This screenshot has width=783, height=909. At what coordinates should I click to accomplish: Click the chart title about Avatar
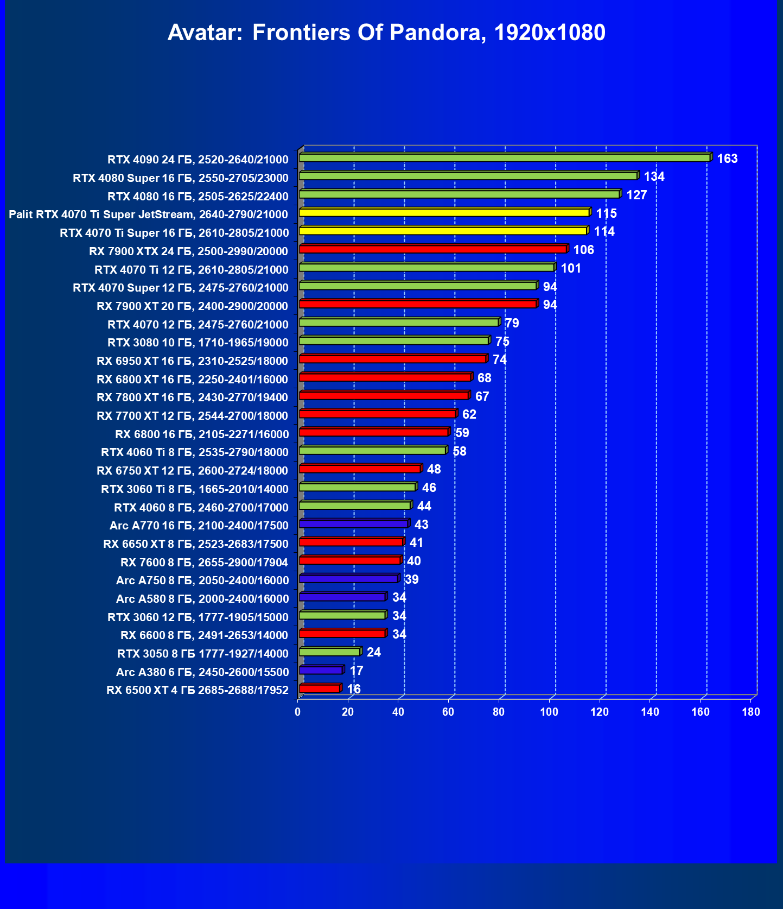point(386,33)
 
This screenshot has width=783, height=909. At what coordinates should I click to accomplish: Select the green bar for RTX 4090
point(505,157)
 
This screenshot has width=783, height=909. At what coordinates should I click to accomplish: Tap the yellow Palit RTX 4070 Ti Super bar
point(444,212)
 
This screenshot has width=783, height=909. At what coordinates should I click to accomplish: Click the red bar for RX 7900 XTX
point(432,249)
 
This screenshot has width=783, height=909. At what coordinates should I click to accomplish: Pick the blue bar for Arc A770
point(353,524)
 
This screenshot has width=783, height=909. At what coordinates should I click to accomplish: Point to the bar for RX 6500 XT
point(320,689)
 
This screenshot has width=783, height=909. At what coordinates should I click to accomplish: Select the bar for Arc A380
point(321,671)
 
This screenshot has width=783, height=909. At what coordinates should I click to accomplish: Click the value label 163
point(727,159)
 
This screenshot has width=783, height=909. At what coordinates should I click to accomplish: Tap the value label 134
point(654,176)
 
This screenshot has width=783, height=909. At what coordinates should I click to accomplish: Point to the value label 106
point(583,250)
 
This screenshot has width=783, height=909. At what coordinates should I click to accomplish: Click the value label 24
point(374,652)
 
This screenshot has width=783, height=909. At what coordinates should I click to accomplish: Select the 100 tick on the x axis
point(549,712)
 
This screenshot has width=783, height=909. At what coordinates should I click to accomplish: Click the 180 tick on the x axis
point(751,712)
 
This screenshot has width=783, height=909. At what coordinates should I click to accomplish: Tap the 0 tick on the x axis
point(297,712)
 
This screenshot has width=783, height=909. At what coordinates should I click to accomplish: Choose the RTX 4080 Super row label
point(181,178)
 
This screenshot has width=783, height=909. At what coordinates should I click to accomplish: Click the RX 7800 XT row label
point(192,397)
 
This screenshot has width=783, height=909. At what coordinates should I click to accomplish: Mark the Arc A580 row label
point(202,599)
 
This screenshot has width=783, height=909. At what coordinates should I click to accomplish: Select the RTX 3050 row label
point(203,654)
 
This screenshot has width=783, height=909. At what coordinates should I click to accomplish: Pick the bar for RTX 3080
point(394,340)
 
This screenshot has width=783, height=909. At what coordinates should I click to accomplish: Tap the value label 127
point(636,195)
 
